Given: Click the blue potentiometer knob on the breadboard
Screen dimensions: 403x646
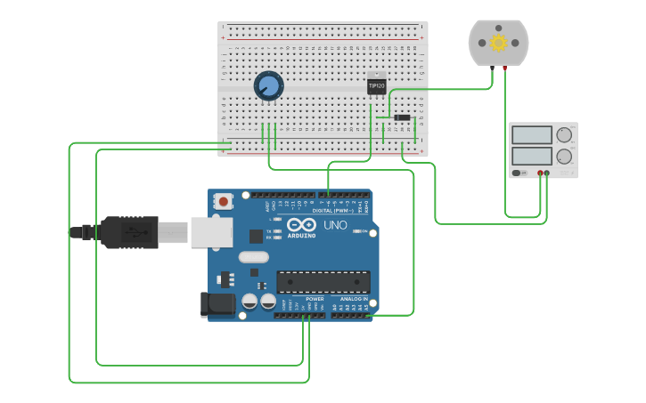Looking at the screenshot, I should click(268, 85).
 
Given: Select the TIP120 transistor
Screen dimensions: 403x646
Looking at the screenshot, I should click(377, 85).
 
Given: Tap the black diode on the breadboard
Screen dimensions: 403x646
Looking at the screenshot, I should click(403, 117).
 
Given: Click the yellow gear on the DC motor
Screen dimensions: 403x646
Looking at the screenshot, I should click(498, 43).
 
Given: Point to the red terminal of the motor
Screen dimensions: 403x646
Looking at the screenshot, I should click(505, 68).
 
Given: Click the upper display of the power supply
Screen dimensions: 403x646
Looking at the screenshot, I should click(532, 135).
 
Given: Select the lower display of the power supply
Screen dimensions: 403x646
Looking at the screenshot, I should click(532, 156).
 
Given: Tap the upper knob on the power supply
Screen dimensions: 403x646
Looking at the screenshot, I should click(564, 135).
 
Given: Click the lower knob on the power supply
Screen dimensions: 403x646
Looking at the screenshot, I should click(564, 157).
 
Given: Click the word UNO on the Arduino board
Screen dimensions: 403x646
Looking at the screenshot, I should click(335, 225).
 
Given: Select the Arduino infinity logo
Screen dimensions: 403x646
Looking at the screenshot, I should click(301, 225).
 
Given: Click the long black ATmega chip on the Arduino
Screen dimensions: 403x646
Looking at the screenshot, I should click(323, 282).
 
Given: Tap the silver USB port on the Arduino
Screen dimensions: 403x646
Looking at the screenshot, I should click(211, 232).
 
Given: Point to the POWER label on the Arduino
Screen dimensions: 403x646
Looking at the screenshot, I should click(315, 299).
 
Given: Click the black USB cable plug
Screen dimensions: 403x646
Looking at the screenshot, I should click(128, 232).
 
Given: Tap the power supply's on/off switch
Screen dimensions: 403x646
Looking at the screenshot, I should click(519, 173).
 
